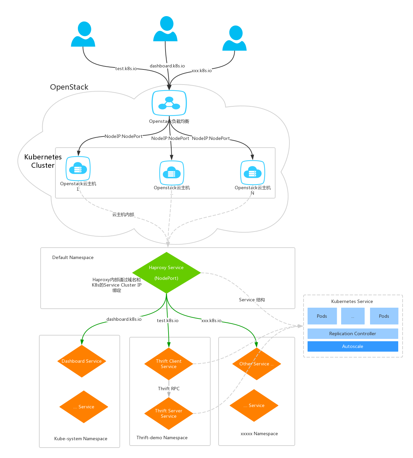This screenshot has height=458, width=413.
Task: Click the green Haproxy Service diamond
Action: [167, 273]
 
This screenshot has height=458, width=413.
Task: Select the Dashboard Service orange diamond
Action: [82, 361]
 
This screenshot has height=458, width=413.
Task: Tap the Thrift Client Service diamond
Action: [169, 364]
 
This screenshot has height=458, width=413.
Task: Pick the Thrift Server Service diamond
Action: [169, 413]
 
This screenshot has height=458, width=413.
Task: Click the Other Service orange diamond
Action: [257, 364]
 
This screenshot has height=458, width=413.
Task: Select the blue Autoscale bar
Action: [353, 346]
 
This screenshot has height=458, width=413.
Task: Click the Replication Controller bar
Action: [353, 334]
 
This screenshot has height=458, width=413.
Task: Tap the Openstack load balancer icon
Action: [169, 103]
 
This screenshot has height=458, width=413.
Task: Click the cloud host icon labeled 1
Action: [78, 169]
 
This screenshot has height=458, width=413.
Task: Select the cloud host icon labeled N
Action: [253, 172]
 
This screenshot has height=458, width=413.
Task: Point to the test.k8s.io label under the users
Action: [126, 68]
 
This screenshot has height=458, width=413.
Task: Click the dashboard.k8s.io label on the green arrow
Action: [124, 319]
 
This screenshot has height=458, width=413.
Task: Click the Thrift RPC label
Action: [169, 389]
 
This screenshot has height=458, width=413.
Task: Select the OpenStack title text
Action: [69, 87]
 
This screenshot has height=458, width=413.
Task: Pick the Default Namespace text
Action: [73, 257]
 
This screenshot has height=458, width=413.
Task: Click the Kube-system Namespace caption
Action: [81, 439]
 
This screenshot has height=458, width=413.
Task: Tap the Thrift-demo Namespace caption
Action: [162, 438]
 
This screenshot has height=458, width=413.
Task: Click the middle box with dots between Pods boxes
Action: [353, 316]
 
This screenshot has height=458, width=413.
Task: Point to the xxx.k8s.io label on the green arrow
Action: [211, 320]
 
